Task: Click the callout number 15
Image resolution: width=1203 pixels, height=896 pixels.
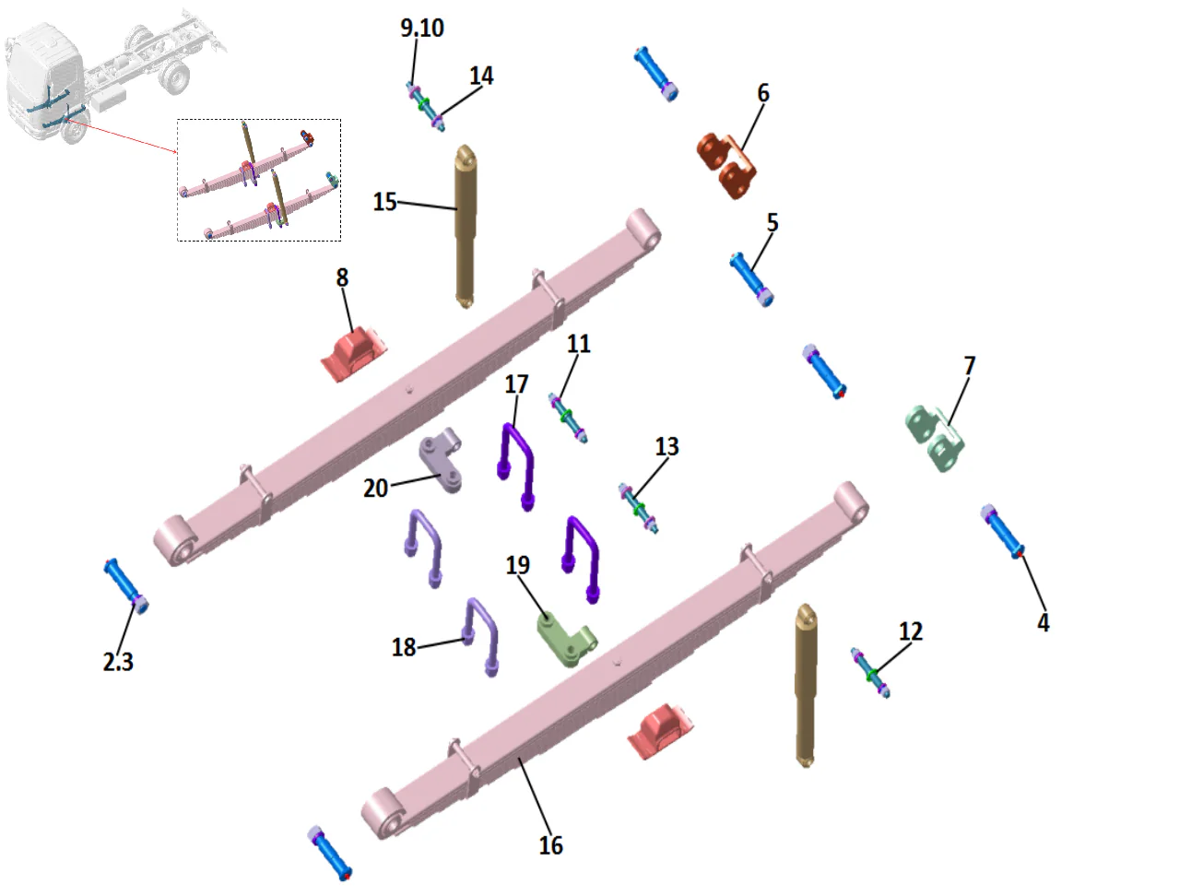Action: click(384, 202)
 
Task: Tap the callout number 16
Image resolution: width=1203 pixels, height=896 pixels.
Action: click(550, 845)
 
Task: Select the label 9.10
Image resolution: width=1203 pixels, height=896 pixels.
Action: click(421, 29)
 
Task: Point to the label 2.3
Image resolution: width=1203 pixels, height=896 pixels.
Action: click(118, 662)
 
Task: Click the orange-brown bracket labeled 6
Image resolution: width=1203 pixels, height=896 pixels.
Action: click(728, 163)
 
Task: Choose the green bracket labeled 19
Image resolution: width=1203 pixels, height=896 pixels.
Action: click(565, 638)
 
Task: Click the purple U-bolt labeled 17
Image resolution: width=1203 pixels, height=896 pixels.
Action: click(516, 461)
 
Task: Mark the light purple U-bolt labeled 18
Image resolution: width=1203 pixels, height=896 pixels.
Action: click(480, 636)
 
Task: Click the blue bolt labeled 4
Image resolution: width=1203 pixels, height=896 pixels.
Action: click(1003, 532)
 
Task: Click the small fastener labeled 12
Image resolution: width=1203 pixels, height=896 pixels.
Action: click(870, 672)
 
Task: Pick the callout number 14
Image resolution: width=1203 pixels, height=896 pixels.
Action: click(481, 76)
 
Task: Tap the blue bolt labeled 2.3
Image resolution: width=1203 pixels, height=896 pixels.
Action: click(125, 584)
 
